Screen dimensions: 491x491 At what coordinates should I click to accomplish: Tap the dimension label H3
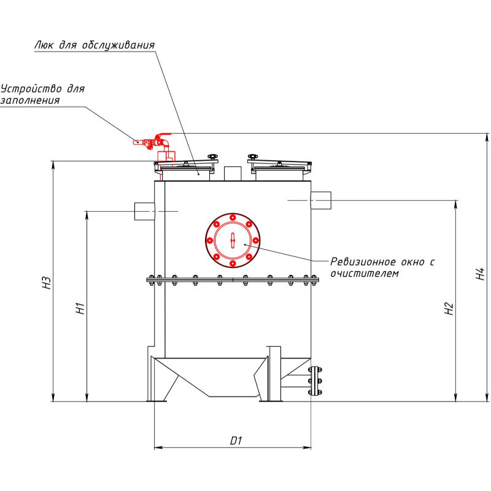(x=46, y=283)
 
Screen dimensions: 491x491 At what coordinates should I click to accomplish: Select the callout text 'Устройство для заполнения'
(x=42, y=95)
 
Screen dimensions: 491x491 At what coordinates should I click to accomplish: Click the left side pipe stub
(x=145, y=211)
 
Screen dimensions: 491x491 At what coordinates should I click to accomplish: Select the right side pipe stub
(x=321, y=200)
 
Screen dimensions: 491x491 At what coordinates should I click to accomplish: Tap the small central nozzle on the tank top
(x=232, y=174)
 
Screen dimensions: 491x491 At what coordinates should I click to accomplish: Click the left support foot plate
(x=158, y=400)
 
